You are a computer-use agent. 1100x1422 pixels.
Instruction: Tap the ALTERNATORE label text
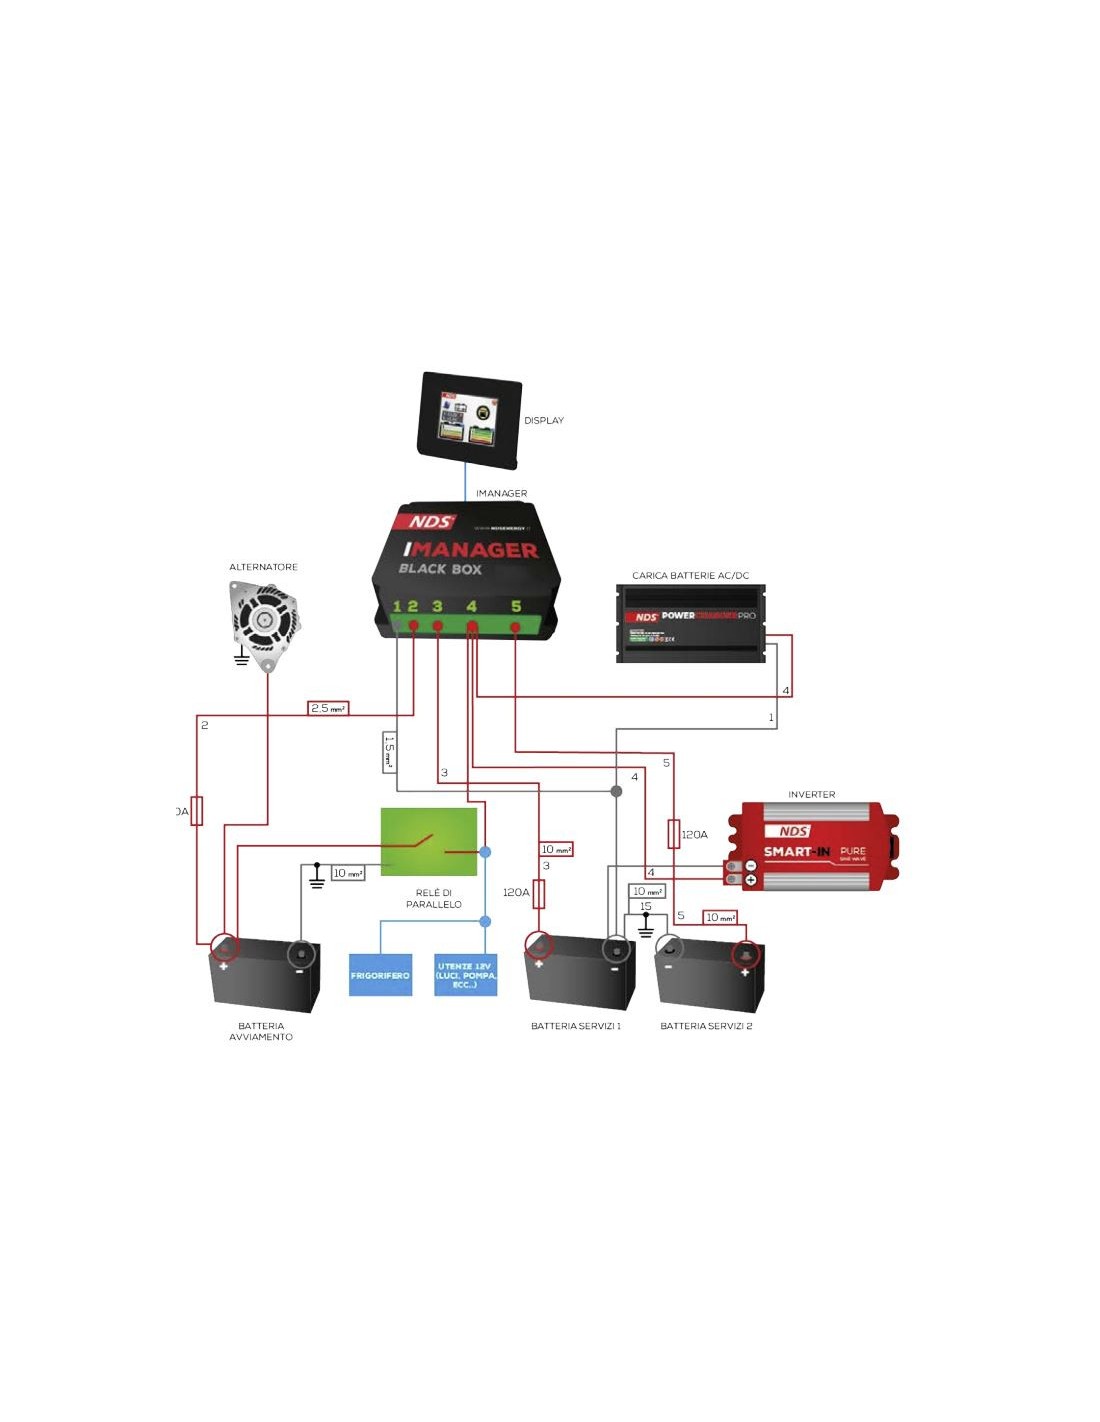coord(263,567)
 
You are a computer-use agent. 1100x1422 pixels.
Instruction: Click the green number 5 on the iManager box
coord(516,606)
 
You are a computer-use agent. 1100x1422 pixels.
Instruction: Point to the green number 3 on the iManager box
coord(437,606)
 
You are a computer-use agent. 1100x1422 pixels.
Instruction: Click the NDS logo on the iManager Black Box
coord(430,522)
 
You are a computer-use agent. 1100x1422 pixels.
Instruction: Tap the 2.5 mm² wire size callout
coord(328,708)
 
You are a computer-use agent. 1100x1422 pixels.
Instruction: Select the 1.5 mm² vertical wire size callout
coord(389,752)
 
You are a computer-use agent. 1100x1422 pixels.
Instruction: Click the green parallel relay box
coord(429,841)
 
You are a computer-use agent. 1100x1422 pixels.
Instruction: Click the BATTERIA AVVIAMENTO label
coord(261,1031)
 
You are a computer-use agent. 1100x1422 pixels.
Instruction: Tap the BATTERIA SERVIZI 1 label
coord(576,1026)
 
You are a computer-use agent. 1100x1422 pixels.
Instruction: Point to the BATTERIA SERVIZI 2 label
coord(706,1026)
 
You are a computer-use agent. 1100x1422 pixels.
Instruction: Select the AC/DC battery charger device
coord(691,623)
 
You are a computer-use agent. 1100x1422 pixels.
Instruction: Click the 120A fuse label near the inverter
coord(694,834)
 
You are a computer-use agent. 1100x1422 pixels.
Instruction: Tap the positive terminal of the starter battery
coord(224,946)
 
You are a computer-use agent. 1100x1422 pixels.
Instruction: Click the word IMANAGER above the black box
coord(501,493)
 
